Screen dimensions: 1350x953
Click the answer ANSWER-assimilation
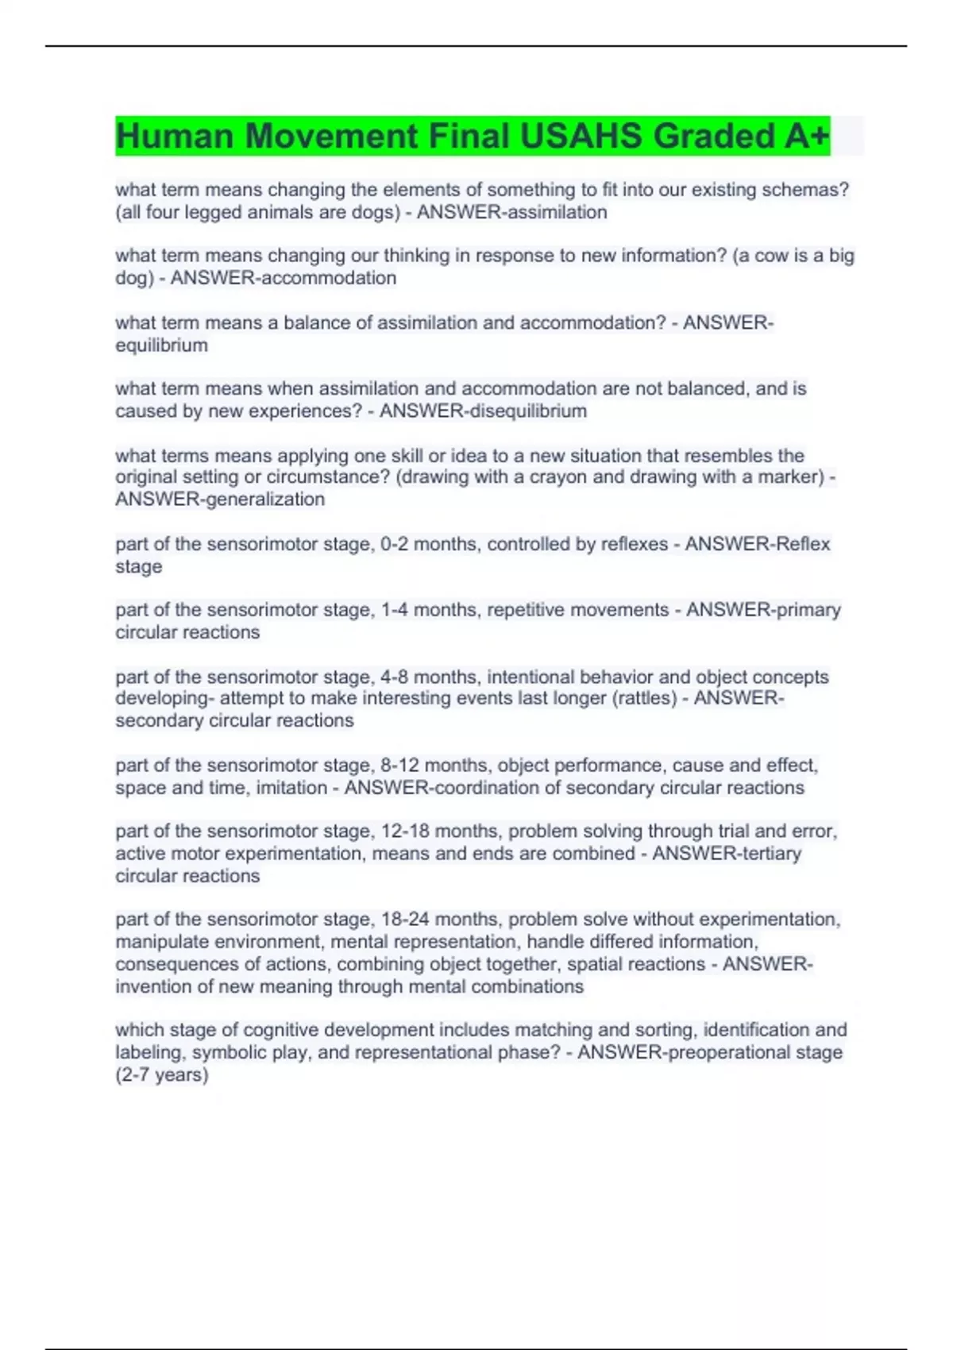tap(511, 212)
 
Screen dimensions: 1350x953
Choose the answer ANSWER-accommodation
tap(283, 278)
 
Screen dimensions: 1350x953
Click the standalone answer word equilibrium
tap(161, 345)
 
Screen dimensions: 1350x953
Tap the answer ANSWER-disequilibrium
tap(483, 411)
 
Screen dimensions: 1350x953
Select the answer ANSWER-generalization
tap(220, 499)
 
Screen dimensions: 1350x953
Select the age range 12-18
tap(406, 831)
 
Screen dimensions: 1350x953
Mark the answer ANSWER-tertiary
tap(726, 854)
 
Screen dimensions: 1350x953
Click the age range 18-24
tap(406, 920)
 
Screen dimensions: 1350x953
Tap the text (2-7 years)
tap(162, 1075)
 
